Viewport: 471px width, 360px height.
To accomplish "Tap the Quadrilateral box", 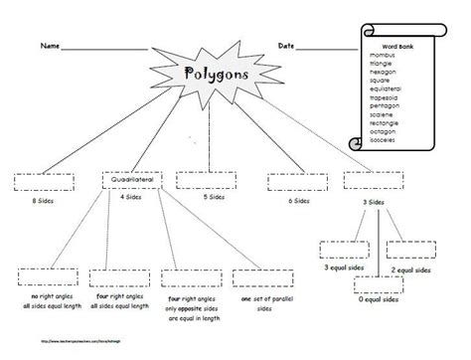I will tap(130, 180).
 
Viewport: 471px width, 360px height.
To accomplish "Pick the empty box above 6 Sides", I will tap(288, 180).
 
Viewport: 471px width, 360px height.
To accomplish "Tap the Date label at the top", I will tap(286, 47).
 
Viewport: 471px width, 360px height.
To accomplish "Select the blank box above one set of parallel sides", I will tap(250, 278).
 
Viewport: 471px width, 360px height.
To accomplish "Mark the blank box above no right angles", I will tap(39, 278).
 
